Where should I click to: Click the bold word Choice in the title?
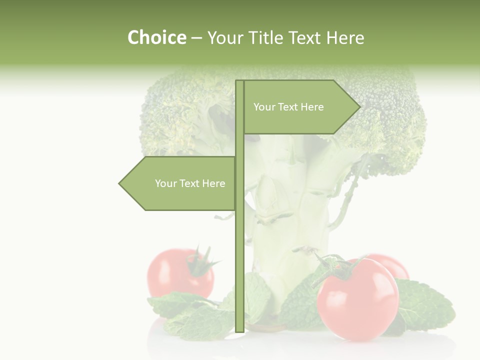[x=156, y=37]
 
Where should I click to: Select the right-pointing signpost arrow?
[x=300, y=107]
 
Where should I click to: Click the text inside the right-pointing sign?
[x=288, y=107]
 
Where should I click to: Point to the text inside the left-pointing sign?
[x=190, y=183]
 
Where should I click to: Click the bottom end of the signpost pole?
[x=239, y=329]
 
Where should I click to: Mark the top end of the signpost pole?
[x=239, y=82]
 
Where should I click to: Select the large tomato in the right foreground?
[x=358, y=300]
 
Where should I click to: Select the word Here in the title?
[x=345, y=38]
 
